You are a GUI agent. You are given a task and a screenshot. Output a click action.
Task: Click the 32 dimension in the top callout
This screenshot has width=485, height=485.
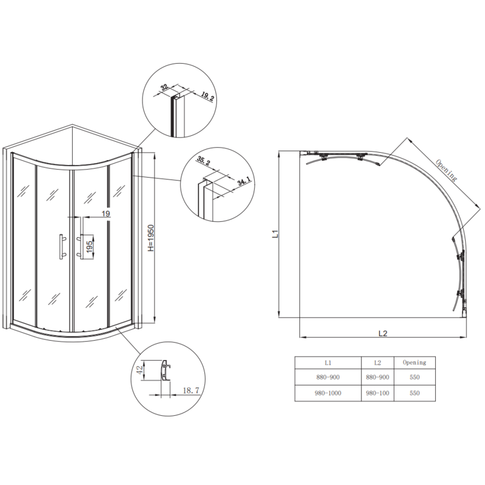[164, 87]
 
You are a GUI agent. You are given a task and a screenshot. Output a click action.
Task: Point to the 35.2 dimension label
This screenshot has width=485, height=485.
[203, 162]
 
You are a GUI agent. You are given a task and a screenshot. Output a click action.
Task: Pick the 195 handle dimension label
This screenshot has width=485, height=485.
[89, 248]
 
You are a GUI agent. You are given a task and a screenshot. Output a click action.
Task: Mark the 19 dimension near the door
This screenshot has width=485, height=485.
[105, 213]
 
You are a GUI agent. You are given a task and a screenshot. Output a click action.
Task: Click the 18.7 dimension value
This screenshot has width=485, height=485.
[191, 392]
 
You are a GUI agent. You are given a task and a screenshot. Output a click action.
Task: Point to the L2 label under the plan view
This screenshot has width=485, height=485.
[382, 333]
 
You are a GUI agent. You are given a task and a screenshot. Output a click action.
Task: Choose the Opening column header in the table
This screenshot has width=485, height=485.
[414, 363]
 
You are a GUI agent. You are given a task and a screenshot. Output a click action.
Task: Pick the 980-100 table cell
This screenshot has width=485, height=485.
[377, 393]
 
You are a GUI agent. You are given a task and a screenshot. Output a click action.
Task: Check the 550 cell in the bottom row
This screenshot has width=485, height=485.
[414, 393]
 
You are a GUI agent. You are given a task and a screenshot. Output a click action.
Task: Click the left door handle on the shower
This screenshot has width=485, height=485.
[61, 247]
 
